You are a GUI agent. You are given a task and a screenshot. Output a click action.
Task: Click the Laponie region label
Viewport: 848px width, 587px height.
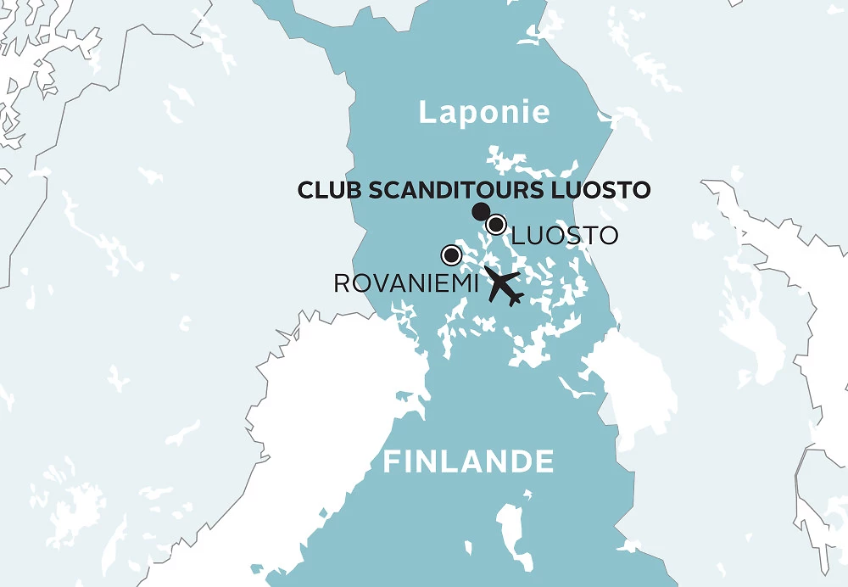484,113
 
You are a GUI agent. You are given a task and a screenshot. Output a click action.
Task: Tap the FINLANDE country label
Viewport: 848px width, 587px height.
469,462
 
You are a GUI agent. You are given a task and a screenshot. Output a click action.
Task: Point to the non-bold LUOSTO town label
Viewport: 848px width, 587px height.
565,235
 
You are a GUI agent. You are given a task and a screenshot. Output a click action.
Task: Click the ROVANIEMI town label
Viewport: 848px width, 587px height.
407,283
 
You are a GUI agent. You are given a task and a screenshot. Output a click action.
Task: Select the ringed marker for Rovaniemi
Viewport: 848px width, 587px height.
451,254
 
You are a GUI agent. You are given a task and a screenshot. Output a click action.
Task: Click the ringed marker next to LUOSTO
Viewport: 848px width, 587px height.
496,225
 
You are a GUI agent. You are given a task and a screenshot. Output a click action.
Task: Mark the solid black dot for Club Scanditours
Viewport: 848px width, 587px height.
480,211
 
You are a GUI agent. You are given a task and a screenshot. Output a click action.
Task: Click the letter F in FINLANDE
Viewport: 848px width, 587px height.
392,462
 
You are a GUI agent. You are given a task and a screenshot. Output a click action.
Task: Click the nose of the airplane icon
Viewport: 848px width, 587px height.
518,301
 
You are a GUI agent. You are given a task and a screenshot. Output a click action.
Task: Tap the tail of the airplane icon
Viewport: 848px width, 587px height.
488,272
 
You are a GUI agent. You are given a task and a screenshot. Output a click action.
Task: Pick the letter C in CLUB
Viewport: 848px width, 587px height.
305,189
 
